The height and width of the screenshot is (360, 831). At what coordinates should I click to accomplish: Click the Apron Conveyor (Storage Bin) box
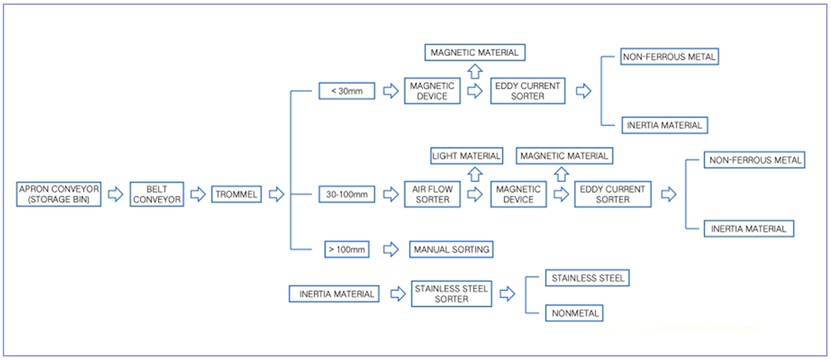(x=60, y=195)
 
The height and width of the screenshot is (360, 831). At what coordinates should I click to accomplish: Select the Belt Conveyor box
(x=156, y=195)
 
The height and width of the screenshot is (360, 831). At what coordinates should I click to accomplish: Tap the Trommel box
(x=237, y=195)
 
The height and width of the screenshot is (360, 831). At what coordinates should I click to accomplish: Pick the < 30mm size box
(x=346, y=91)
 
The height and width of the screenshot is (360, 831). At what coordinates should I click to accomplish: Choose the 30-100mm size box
(x=346, y=195)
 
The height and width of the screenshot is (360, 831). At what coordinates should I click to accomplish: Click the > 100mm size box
(x=346, y=249)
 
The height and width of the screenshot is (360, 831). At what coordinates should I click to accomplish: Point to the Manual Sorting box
(x=452, y=249)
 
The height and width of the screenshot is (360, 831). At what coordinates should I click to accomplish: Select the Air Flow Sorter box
(x=433, y=195)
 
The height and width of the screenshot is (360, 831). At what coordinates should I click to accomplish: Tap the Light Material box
(x=466, y=156)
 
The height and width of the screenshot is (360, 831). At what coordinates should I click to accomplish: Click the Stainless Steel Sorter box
(x=452, y=294)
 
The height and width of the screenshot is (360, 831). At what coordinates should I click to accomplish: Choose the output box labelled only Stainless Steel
(x=588, y=278)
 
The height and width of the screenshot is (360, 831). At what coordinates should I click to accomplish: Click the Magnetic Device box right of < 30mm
(x=432, y=91)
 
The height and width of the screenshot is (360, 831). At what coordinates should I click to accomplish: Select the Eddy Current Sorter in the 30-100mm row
(x=612, y=195)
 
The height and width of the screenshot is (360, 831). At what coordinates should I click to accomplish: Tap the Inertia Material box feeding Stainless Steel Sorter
(x=334, y=294)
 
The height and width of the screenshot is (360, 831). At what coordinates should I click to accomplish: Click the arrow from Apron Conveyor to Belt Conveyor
(x=116, y=195)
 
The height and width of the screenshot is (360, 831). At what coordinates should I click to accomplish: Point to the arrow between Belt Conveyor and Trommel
(x=197, y=195)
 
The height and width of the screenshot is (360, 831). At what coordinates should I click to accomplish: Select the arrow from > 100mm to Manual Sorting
(x=391, y=249)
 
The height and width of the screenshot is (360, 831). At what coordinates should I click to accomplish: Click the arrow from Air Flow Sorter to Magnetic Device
(x=476, y=195)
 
